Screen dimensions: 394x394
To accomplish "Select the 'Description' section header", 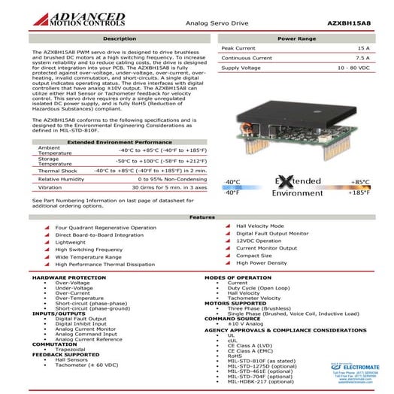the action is pos(119,38).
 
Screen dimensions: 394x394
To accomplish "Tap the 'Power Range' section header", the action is pos(296,38).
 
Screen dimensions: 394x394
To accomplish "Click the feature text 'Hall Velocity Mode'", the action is pos(259,226).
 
